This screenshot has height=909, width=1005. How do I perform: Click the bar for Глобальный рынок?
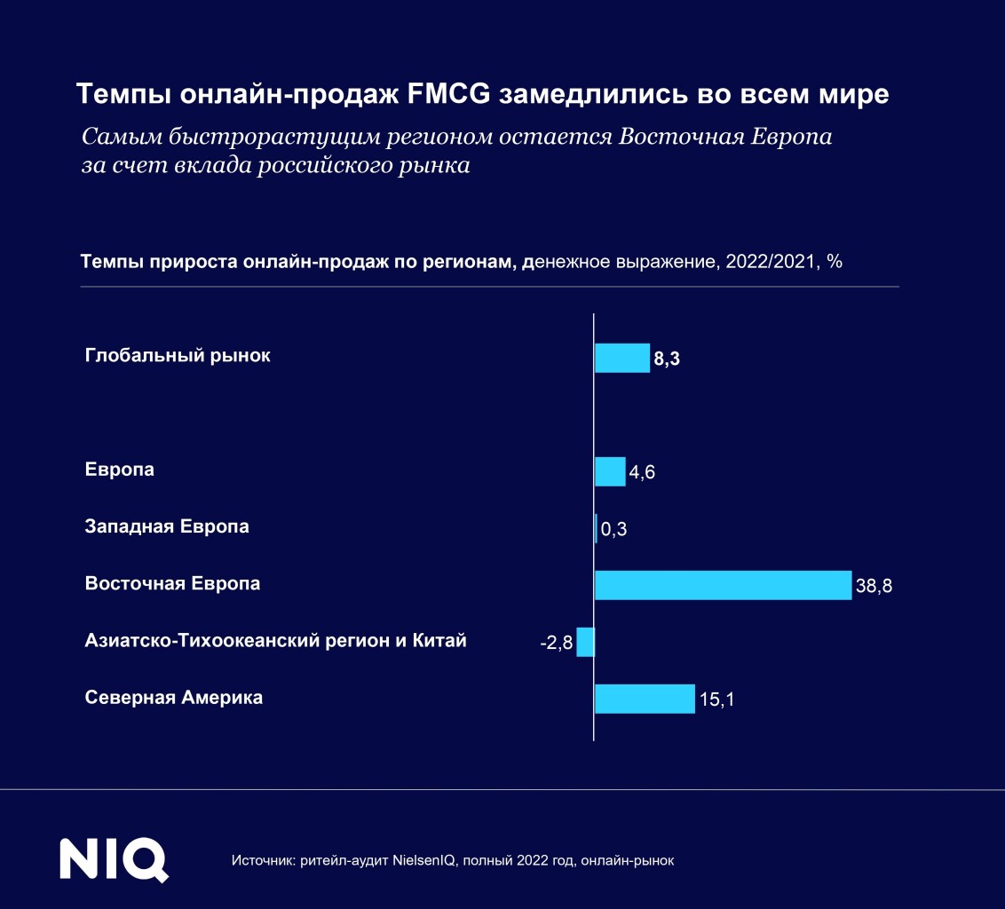click(621, 358)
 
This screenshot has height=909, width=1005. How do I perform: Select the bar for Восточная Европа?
click(723, 585)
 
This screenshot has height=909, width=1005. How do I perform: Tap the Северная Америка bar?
click(644, 699)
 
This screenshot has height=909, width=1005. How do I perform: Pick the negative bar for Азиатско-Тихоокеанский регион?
click(585, 642)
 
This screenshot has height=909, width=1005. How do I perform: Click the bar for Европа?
click(610, 471)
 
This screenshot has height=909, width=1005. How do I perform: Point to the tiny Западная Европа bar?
click(596, 528)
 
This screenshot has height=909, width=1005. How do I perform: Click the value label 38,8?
click(874, 587)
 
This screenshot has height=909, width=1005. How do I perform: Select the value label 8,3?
click(667, 360)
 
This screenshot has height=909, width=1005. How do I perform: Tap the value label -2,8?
click(557, 643)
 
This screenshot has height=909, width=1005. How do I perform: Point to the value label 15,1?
click(717, 700)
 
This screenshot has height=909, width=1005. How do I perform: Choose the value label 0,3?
click(614, 530)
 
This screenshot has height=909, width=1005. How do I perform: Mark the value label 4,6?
click(642, 473)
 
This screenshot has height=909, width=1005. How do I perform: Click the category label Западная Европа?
click(167, 526)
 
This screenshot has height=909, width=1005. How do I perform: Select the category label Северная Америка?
click(174, 698)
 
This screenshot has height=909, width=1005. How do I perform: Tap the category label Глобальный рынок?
click(178, 356)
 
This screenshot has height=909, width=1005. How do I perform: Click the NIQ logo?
click(114, 859)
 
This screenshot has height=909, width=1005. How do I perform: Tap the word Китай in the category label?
click(440, 641)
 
